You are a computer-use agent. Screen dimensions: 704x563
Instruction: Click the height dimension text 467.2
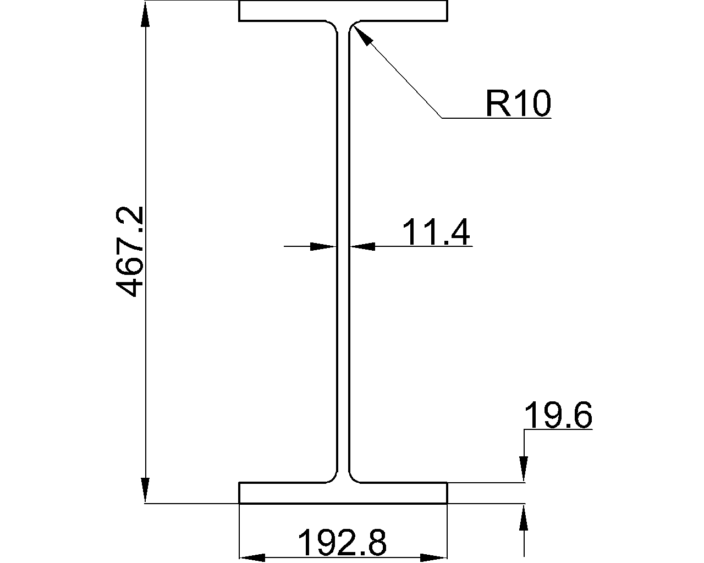130,252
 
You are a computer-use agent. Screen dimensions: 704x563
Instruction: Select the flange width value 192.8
342,542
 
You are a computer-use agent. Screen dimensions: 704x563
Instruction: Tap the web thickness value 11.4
436,232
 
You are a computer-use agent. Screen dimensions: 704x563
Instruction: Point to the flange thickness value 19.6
558,415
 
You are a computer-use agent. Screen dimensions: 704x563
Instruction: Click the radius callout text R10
519,103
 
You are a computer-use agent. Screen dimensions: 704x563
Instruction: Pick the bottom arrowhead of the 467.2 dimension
145,490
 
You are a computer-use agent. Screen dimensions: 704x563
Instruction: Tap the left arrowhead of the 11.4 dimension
323,247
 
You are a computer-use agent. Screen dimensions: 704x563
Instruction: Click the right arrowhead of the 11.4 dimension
362,247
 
